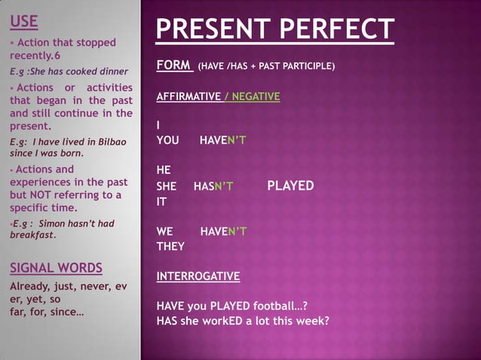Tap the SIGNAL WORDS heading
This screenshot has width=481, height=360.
(56, 268)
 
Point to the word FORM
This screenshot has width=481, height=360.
(173, 66)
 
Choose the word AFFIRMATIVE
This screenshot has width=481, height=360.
(187, 96)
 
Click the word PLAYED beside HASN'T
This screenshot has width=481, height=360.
(291, 186)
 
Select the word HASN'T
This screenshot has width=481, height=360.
(213, 186)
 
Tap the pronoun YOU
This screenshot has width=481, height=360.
(167, 140)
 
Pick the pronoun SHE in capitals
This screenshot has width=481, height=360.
(166, 186)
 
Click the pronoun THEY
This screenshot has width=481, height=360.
(170, 246)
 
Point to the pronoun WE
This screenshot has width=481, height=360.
(164, 231)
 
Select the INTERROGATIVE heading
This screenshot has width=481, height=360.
(198, 276)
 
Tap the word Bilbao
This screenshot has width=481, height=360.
(109, 142)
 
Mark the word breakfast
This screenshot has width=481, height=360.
(32, 235)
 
